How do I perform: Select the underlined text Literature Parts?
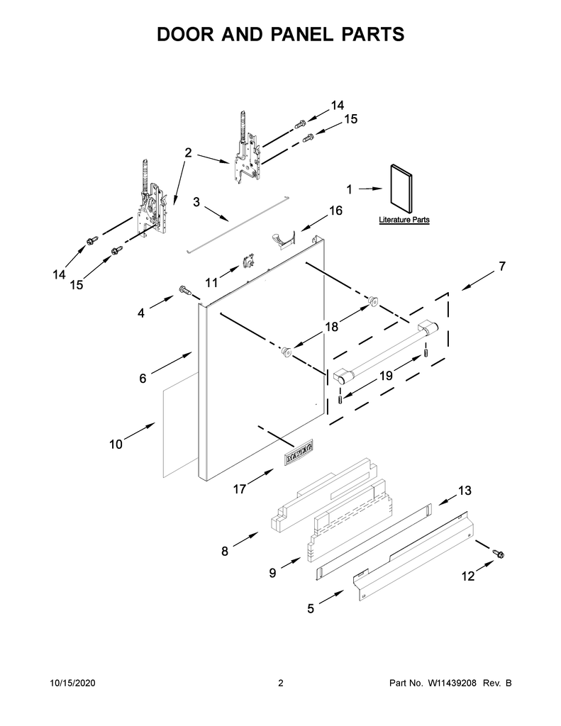click(404, 220)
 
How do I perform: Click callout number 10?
click(116, 445)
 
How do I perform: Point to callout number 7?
click(501, 267)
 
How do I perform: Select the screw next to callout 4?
click(184, 290)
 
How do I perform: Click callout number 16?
click(335, 211)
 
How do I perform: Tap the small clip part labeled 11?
click(248, 262)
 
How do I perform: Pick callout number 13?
click(464, 490)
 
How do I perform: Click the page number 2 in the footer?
click(280, 683)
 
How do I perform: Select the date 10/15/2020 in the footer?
click(73, 683)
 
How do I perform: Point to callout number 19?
click(385, 376)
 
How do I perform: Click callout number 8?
click(225, 550)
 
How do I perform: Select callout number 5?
click(311, 608)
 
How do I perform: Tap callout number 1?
click(349, 189)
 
